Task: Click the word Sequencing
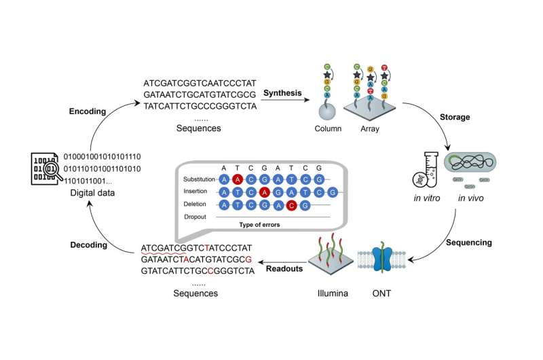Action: (x=468, y=242)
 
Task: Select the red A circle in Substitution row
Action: (x=237, y=179)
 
